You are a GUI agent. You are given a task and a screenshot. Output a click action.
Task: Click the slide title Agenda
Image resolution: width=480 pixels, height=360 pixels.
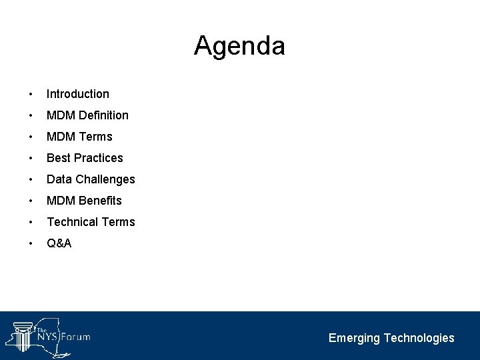239,47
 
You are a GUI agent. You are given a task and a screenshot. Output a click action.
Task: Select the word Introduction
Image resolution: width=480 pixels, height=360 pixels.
77,94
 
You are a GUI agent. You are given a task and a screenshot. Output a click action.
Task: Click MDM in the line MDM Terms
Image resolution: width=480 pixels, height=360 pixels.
61,137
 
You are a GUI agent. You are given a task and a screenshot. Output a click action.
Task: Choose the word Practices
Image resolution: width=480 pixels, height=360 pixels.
99,158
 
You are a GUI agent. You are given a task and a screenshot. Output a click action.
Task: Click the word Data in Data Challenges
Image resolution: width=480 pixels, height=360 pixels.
59,179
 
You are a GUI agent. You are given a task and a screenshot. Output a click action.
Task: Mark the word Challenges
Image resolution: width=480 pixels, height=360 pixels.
105,179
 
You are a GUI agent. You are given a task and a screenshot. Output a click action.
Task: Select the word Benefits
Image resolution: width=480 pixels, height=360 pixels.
100,201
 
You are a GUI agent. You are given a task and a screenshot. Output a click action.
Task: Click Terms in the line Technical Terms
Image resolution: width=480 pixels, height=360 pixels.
119,222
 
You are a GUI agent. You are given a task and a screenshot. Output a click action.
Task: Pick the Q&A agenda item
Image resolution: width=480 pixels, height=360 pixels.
59,243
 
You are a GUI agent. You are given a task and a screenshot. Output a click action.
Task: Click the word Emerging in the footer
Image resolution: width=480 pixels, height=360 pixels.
354,338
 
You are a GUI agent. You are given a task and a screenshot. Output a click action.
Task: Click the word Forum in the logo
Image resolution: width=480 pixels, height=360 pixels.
75,337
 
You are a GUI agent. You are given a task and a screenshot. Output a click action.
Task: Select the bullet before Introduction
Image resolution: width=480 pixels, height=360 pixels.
31,94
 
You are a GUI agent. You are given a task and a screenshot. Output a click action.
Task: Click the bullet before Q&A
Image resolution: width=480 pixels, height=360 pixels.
31,243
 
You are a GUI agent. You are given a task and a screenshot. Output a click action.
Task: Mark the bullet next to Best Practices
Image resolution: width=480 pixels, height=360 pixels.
31,158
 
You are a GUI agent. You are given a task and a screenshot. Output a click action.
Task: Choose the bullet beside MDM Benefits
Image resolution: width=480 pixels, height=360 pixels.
31,201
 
